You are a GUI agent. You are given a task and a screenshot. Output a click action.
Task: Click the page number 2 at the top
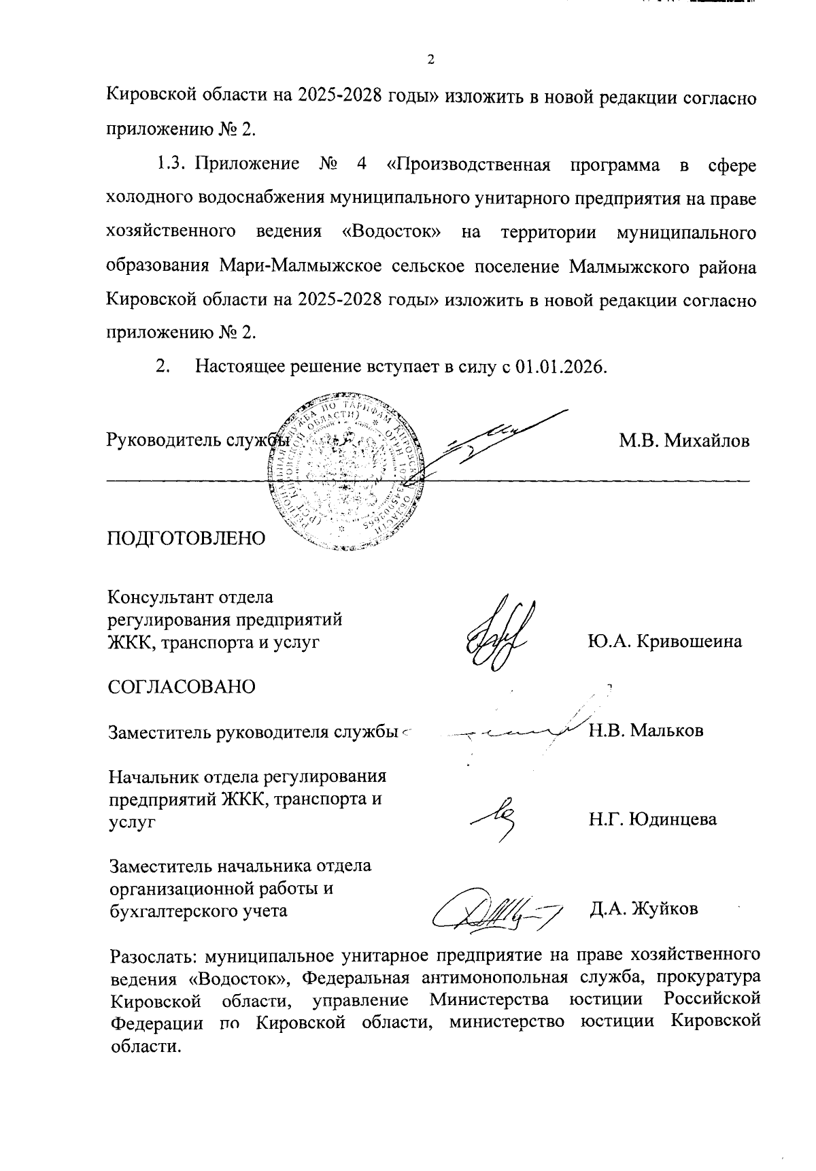(x=430, y=59)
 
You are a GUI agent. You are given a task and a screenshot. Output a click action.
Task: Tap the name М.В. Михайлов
(x=683, y=440)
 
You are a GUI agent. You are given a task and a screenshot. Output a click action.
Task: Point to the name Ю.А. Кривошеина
(x=664, y=642)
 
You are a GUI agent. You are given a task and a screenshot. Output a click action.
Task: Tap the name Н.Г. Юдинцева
(x=653, y=819)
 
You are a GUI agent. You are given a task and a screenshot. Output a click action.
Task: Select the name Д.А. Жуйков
(x=644, y=908)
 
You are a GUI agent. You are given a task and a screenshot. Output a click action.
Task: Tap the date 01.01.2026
(x=559, y=367)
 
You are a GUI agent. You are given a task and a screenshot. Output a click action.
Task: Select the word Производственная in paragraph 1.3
(x=473, y=165)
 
